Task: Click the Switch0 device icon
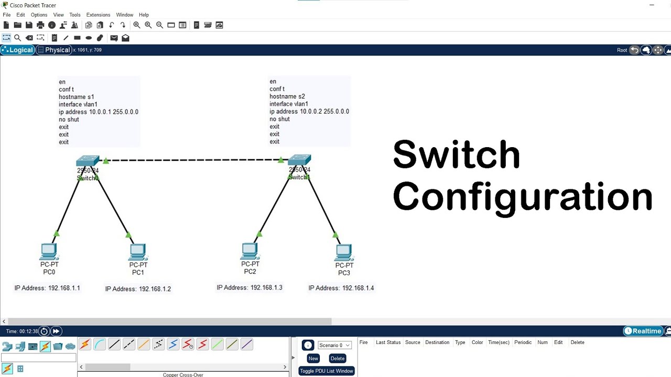point(88,161)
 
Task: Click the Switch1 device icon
point(299,160)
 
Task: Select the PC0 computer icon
point(49,252)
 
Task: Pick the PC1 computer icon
point(138,252)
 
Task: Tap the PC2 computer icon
point(250,251)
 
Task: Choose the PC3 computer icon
point(344,253)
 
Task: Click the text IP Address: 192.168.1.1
point(47,288)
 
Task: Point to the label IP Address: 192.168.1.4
point(341,288)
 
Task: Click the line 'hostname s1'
point(77,97)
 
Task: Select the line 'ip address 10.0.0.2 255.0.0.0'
point(309,112)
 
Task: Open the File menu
point(7,15)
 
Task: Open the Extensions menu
point(98,15)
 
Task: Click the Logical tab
point(18,50)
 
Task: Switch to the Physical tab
point(54,50)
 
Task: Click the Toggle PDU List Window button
point(326,371)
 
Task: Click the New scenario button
point(313,358)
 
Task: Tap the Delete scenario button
point(337,358)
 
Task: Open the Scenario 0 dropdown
point(334,345)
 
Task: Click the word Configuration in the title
point(522,197)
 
